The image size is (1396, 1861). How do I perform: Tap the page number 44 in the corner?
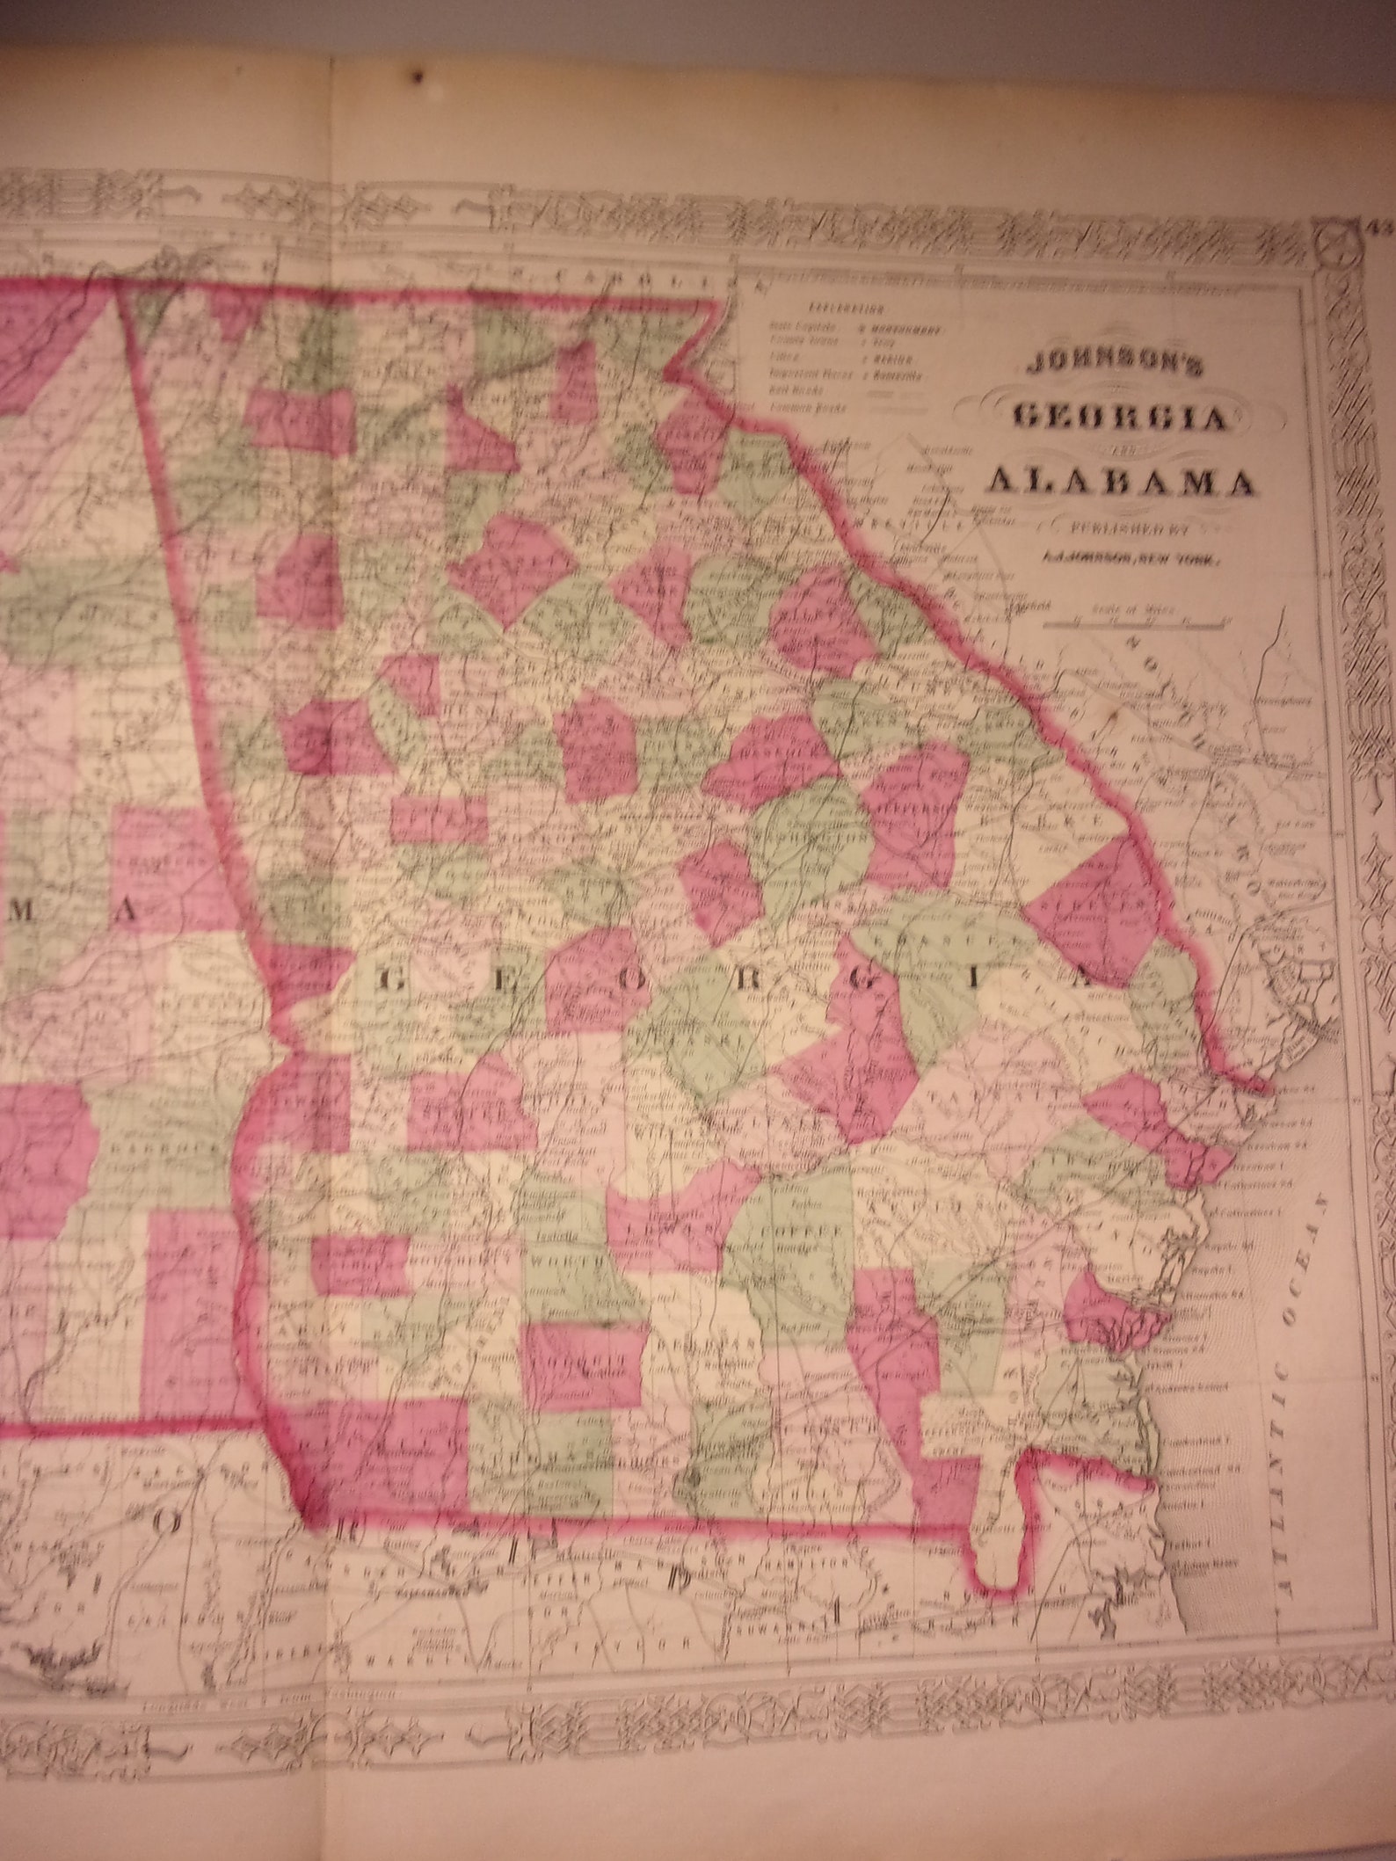(x=1380, y=229)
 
